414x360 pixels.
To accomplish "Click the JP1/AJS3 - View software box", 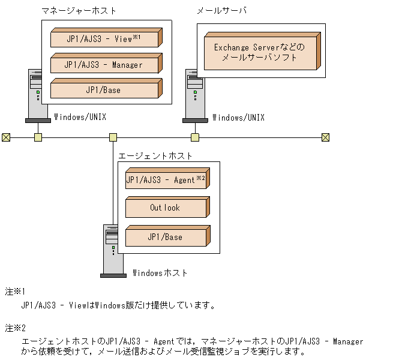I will coord(104,39).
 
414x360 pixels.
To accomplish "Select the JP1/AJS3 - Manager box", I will coord(104,64).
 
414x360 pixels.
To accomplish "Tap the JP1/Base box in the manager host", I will coord(104,90).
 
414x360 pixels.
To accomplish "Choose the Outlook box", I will coord(165,208).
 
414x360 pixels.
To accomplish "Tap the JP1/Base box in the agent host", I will coord(165,237).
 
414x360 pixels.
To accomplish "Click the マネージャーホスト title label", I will coord(79,11).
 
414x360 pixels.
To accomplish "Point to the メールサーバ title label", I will coord(221,11).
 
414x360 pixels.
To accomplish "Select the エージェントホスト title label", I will coord(155,155).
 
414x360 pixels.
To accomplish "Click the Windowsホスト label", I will coord(158,273).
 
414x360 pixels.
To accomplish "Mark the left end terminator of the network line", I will coord(6,137).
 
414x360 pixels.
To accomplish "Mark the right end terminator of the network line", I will coord(325,137).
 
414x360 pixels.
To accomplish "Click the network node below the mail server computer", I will coord(194,137).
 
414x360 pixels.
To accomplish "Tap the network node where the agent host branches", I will coord(113,137).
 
